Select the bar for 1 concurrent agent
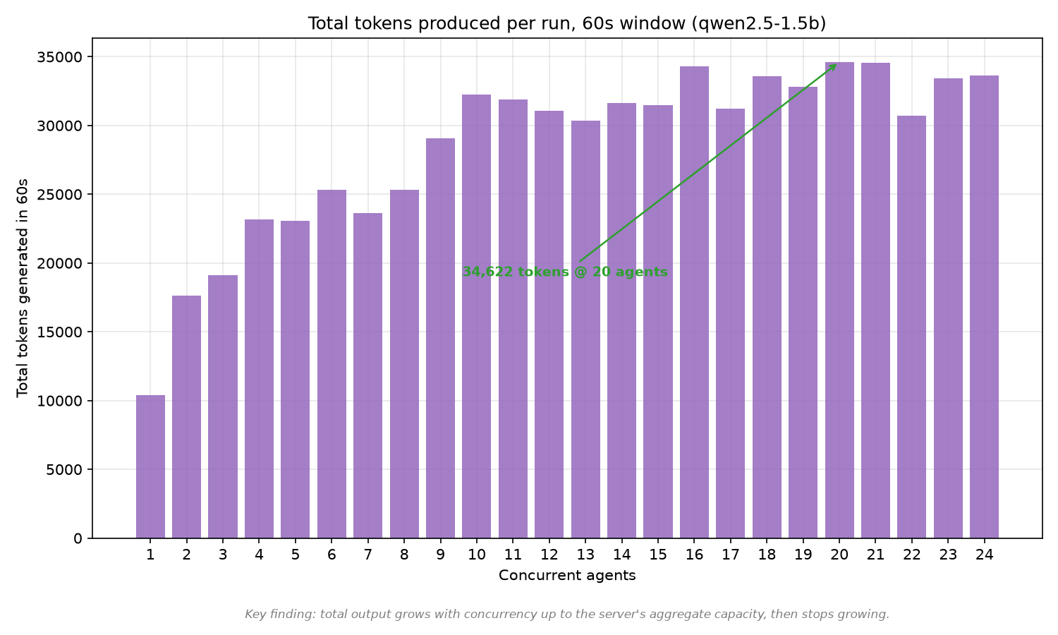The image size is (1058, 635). point(150,466)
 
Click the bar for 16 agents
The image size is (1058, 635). point(694,303)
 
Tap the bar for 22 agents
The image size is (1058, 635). point(911,327)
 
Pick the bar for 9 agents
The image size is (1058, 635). point(440,338)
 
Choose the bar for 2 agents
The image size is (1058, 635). point(187,417)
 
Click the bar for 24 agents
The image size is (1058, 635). point(984,307)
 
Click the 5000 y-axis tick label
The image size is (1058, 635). point(65,470)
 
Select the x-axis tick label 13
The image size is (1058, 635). point(585,555)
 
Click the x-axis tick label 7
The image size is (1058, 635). point(367,555)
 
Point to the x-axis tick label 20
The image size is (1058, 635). point(839,555)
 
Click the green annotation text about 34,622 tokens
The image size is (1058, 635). point(565,272)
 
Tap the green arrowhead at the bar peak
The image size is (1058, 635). point(834,66)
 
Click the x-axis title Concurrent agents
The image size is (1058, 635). point(567,576)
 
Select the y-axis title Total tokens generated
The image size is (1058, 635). point(22,288)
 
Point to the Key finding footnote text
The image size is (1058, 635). point(567,615)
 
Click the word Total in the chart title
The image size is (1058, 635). point(329,23)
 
